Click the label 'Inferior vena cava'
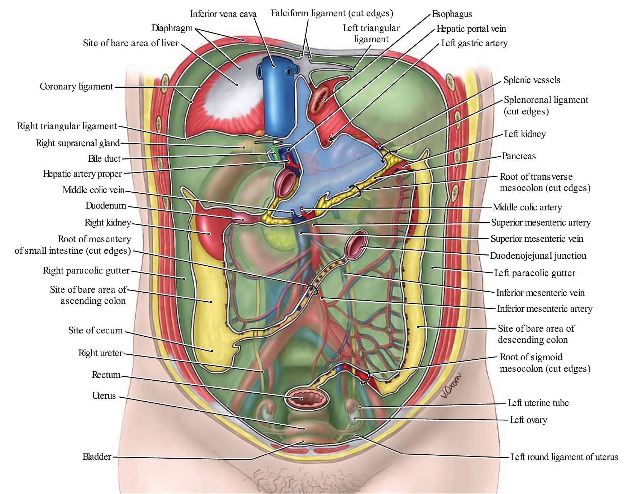(x=223, y=14)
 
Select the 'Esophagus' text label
(x=452, y=14)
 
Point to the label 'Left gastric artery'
(x=474, y=43)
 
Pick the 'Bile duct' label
(x=104, y=158)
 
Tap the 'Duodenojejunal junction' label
(x=538, y=255)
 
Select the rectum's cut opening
(x=306, y=398)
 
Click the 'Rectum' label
(x=106, y=375)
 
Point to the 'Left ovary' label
(x=528, y=420)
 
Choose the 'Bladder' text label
(x=97, y=456)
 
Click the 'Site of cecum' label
(x=96, y=330)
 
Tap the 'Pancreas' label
(x=519, y=156)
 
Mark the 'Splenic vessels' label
(x=532, y=80)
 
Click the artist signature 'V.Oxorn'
(x=451, y=385)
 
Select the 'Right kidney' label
(x=107, y=222)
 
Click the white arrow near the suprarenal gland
(x=267, y=142)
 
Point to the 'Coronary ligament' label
(x=76, y=87)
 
